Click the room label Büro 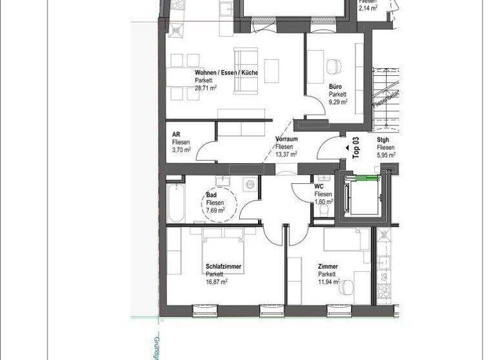(335, 87)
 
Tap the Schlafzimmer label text (223, 266)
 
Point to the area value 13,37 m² (286, 154)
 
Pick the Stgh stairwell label (383, 139)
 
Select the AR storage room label (176, 134)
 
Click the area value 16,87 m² (217, 281)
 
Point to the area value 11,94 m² (329, 281)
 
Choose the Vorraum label (286, 139)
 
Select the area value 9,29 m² (338, 102)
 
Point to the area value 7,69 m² (215, 210)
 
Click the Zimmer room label (328, 266)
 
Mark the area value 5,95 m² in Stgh (386, 154)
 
